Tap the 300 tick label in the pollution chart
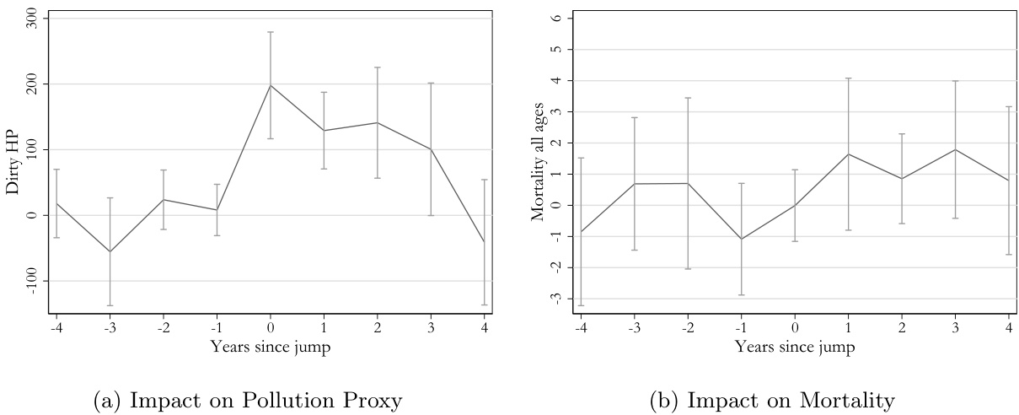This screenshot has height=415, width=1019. [31, 19]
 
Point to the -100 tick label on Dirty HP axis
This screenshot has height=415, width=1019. [31, 280]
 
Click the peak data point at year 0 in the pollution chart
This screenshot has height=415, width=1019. [271, 85]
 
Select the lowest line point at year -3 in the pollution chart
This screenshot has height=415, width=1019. [110, 251]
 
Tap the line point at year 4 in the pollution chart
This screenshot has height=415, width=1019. [485, 242]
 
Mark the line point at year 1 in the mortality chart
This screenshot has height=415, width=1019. [849, 154]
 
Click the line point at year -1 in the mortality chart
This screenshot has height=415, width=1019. [742, 239]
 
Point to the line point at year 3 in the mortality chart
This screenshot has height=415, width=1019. [956, 149]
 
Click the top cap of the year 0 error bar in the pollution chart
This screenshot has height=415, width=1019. [271, 32]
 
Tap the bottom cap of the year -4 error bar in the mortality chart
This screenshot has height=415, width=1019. [581, 305]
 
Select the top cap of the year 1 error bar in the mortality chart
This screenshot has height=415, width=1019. [849, 78]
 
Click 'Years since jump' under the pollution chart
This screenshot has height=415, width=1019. [270, 348]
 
